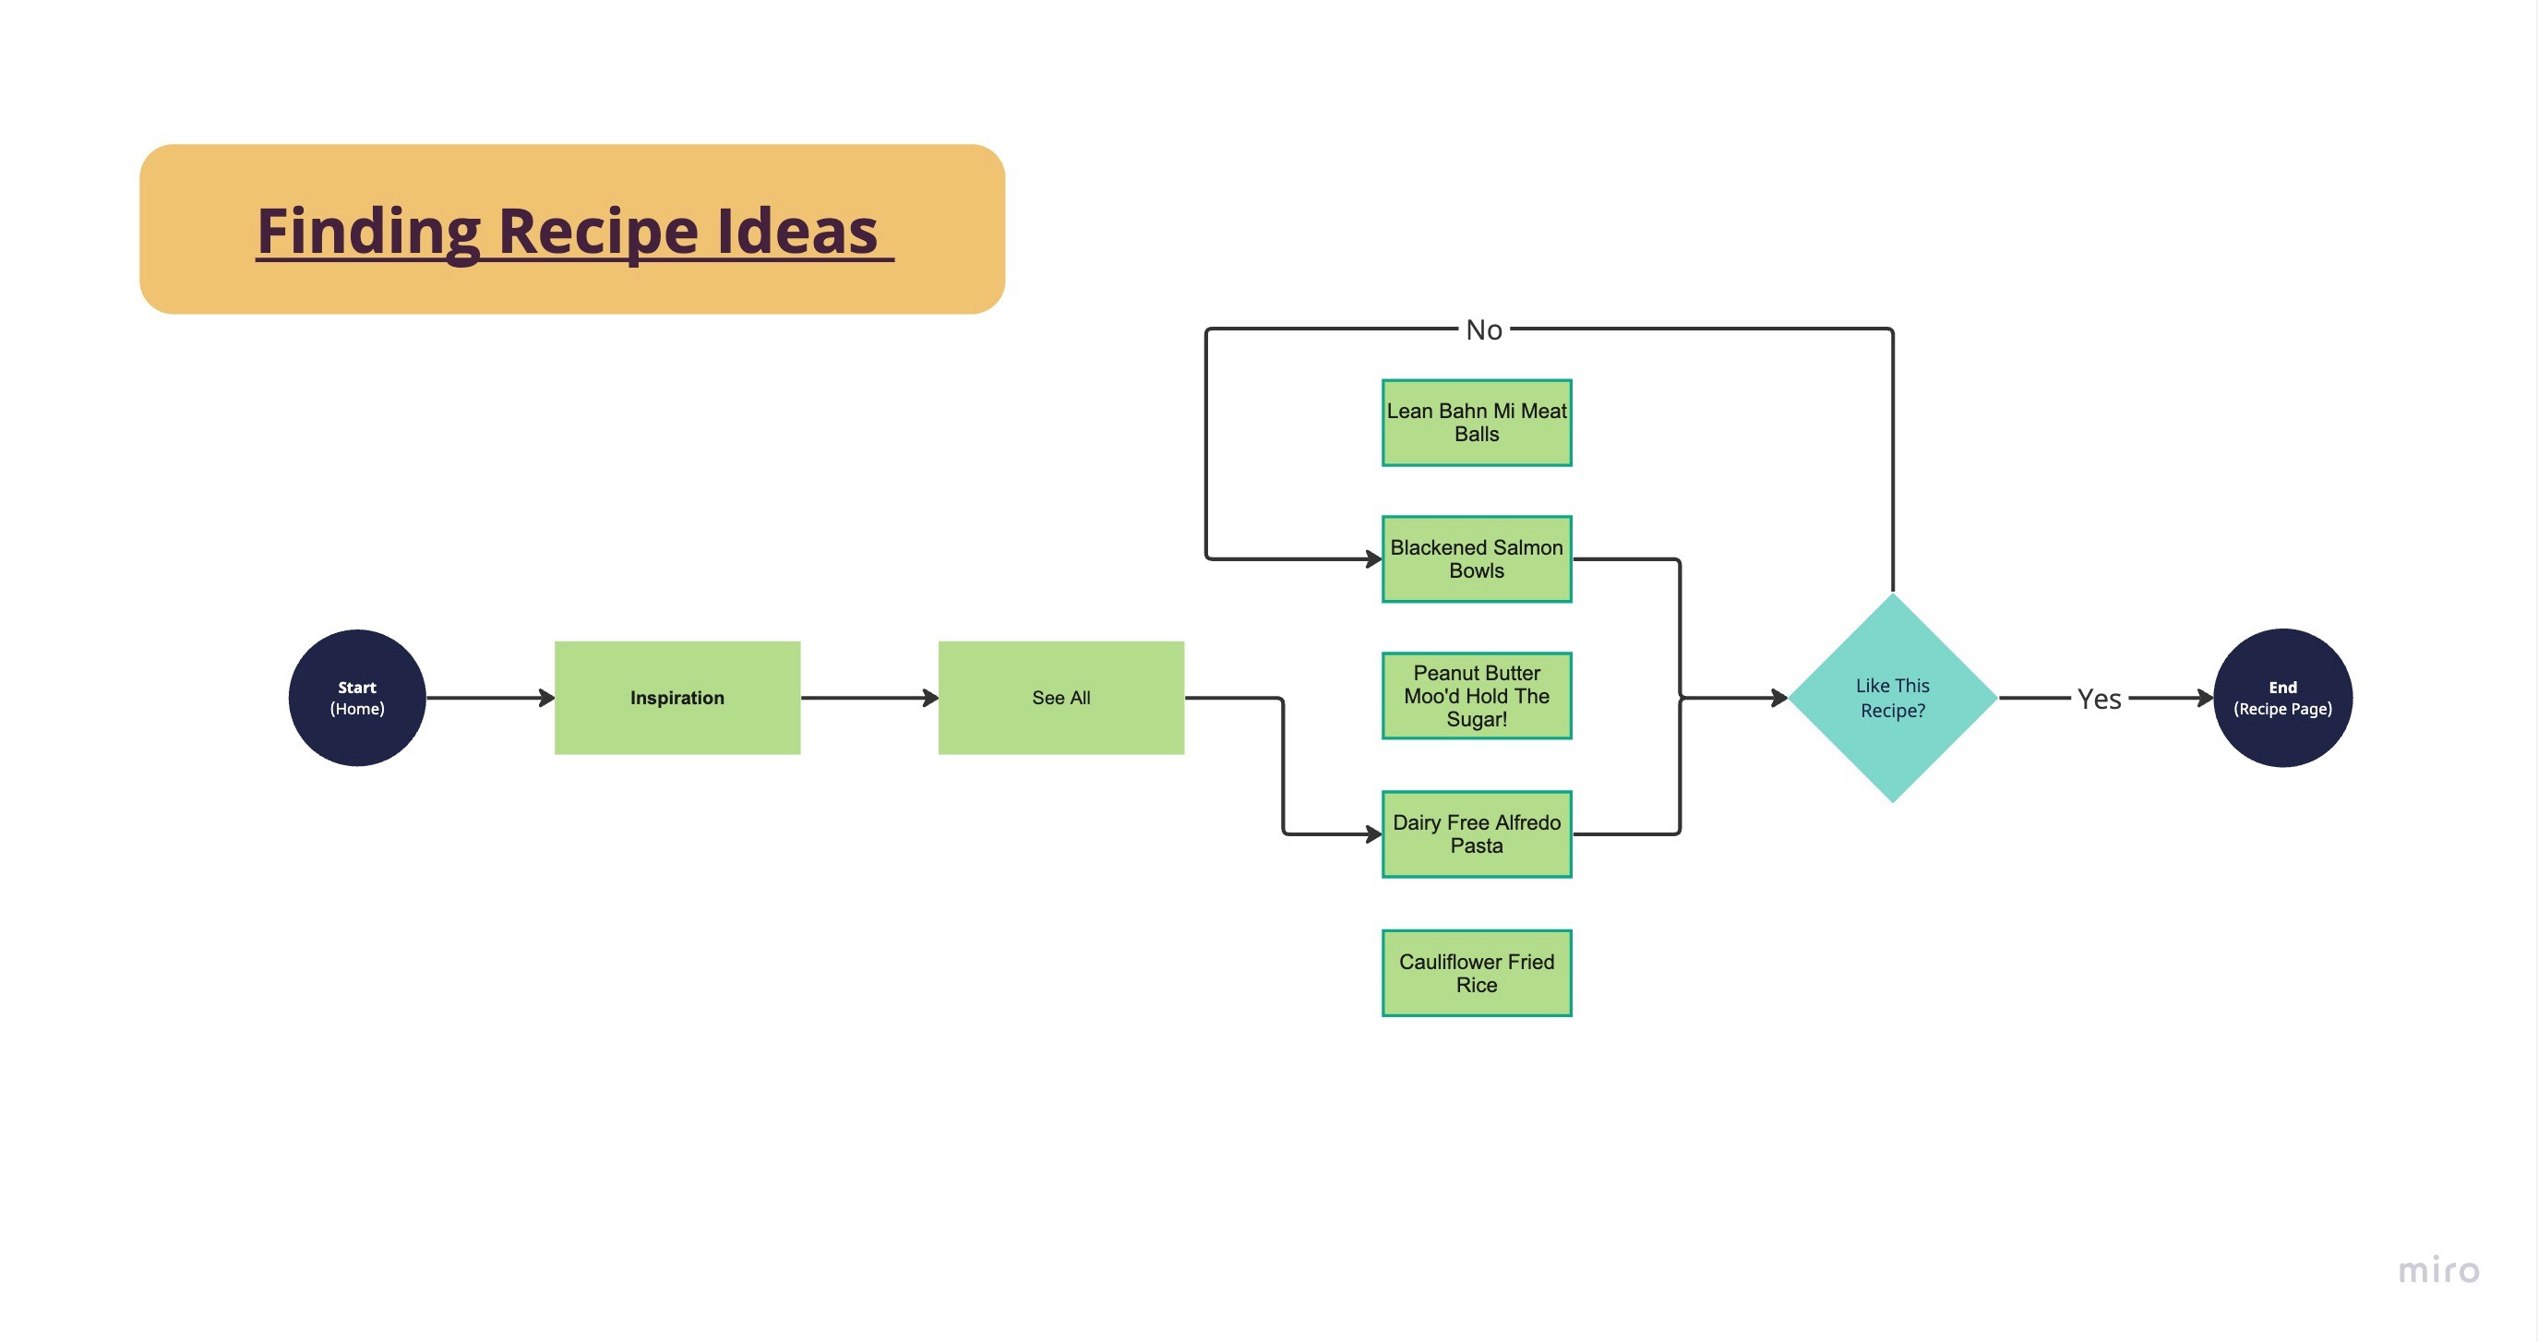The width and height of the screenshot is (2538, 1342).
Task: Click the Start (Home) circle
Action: (356, 698)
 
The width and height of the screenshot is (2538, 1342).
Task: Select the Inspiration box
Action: (676, 698)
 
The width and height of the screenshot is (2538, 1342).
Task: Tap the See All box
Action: (1060, 698)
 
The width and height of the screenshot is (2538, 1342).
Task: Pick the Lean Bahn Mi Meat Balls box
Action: (1476, 423)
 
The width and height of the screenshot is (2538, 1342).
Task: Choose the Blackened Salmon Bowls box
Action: (1476, 558)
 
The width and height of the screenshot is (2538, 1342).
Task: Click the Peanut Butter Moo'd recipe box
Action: (1476, 696)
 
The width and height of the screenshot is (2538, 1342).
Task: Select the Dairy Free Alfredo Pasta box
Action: (1476, 833)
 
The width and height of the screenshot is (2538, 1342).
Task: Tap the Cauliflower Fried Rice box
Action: (1476, 973)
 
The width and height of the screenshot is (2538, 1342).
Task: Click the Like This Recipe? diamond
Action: (1892, 698)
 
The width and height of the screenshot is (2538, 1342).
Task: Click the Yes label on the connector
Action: (2099, 699)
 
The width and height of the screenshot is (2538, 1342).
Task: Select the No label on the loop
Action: (1484, 330)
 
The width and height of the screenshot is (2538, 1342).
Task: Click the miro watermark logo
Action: (2437, 1270)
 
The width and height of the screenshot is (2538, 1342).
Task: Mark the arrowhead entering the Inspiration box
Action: (546, 698)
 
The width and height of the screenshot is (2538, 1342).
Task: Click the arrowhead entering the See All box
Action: (930, 698)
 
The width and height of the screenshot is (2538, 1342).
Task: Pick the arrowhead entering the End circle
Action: (2205, 698)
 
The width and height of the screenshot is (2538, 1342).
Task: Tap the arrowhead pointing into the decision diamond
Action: (1779, 698)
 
